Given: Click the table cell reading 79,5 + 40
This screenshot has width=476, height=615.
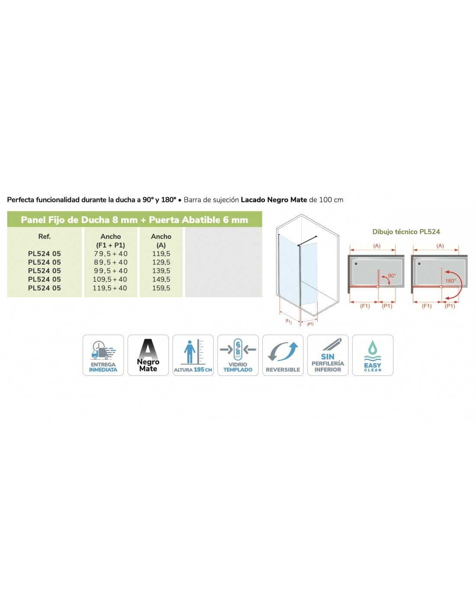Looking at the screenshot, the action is coord(110,253).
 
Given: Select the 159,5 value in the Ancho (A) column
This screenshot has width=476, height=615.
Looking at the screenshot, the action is coord(161,288).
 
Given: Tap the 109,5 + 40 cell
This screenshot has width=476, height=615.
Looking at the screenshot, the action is coord(110,279).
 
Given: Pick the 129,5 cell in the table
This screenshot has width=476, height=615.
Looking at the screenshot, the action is coord(161,262).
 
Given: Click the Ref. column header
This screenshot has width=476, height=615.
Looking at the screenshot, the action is coord(45,236).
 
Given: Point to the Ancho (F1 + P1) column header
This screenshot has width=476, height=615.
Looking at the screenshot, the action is coord(110,240).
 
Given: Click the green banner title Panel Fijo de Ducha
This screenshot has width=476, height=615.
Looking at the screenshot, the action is coord(135,220).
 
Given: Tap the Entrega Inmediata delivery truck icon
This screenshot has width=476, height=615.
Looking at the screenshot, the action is coord(103,355).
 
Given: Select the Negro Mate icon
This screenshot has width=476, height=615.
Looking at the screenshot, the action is coord(148,355).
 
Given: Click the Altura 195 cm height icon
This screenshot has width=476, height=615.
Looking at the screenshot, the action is coord(193,355).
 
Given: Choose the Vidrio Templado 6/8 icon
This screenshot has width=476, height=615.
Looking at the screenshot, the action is coord(238,355).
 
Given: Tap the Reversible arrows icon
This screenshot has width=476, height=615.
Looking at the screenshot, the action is coord(283,355).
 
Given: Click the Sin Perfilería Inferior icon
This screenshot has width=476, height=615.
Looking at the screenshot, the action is coord(328,355).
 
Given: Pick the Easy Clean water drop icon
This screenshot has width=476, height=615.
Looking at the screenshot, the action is coord(373,355).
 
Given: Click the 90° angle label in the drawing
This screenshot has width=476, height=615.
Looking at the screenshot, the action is coord(392,275).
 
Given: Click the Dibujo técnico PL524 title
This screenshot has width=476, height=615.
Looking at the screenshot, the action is coord(406,232).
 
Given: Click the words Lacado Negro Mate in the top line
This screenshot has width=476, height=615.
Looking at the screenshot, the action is coord(274,200).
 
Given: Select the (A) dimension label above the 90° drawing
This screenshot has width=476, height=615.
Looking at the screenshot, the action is coord(377,246).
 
